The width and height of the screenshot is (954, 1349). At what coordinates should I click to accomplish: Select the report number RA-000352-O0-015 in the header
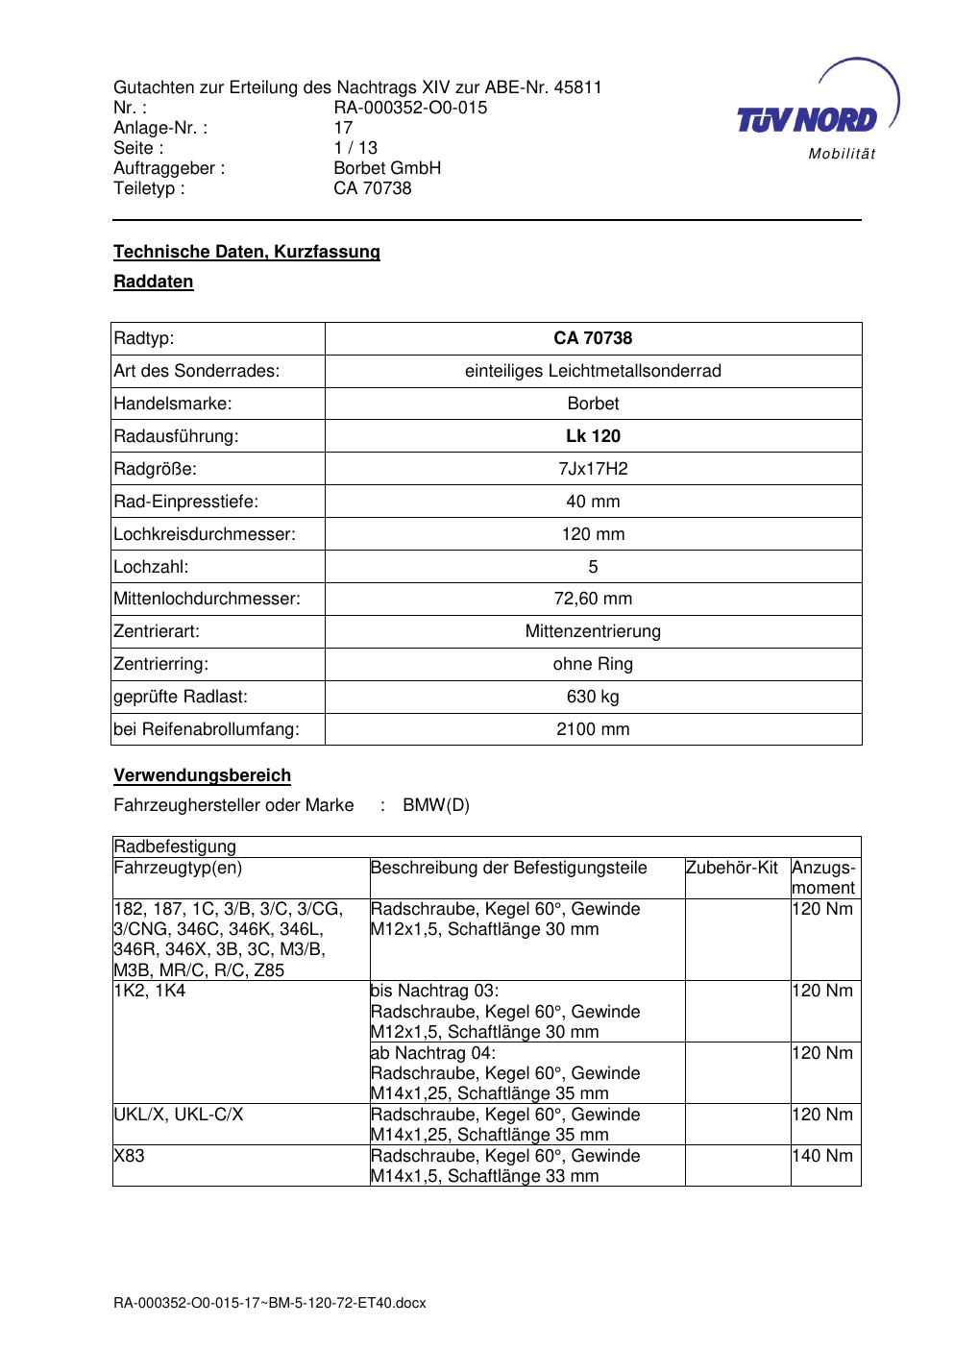click(x=410, y=108)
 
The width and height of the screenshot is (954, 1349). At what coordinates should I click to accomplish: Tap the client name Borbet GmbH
click(x=387, y=168)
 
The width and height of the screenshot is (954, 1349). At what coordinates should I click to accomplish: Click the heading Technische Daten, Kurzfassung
click(x=247, y=252)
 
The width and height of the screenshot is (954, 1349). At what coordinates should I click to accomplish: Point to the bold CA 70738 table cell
click(x=593, y=338)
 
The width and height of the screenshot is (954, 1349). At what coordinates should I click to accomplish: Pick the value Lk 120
click(x=593, y=436)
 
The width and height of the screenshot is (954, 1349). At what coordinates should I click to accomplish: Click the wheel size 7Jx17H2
click(x=593, y=469)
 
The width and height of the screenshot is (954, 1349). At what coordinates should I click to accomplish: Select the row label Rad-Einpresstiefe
click(x=186, y=502)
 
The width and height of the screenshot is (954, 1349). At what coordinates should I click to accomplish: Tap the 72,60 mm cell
click(x=593, y=600)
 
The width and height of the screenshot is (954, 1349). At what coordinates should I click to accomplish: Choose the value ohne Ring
click(x=593, y=664)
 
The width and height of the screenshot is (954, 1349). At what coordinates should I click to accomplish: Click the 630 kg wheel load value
click(x=593, y=697)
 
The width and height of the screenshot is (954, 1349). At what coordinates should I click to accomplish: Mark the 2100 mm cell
click(x=593, y=729)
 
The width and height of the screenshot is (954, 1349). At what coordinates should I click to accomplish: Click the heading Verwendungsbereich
click(x=202, y=775)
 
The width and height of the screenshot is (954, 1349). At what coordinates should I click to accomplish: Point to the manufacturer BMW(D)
click(x=436, y=805)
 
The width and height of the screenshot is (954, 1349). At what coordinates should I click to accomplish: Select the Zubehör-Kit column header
click(x=732, y=869)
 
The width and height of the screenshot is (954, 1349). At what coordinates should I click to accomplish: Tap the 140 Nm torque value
click(x=822, y=1156)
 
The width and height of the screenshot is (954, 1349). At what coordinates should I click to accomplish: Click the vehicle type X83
click(x=130, y=1156)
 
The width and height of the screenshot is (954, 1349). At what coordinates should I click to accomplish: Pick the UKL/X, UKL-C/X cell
click(x=179, y=1115)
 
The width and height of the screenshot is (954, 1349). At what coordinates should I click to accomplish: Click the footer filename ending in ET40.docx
click(x=269, y=1304)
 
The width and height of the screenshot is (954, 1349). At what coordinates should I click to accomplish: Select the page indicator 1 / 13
click(x=355, y=148)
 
